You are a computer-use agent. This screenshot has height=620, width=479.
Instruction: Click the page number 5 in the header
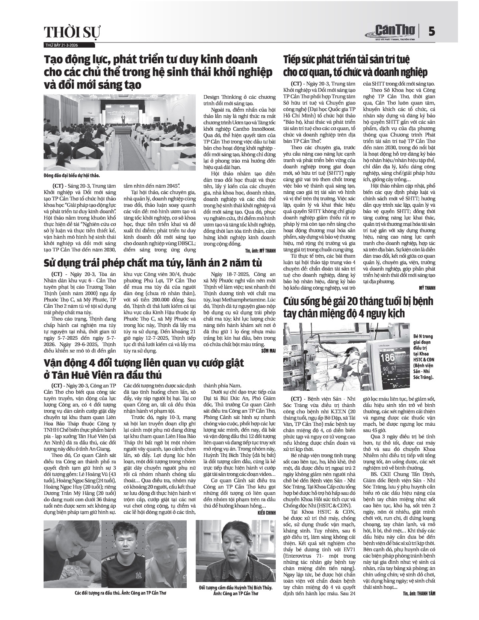(x=431, y=32)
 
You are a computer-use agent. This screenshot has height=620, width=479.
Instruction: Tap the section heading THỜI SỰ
(x=73, y=33)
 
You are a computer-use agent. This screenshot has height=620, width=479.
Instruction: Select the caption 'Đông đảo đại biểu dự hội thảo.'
(x=72, y=175)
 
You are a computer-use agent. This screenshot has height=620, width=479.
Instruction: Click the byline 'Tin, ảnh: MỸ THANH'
(x=261, y=250)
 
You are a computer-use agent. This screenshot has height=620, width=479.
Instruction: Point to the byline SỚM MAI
(x=268, y=351)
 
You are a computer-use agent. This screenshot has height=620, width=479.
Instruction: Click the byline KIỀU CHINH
(x=267, y=513)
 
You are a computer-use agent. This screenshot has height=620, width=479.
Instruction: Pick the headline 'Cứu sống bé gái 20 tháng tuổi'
(x=358, y=307)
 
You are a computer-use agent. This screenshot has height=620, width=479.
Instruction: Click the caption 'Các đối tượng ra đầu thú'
(x=120, y=593)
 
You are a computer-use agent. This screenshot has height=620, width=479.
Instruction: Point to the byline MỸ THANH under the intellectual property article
(x=427, y=288)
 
